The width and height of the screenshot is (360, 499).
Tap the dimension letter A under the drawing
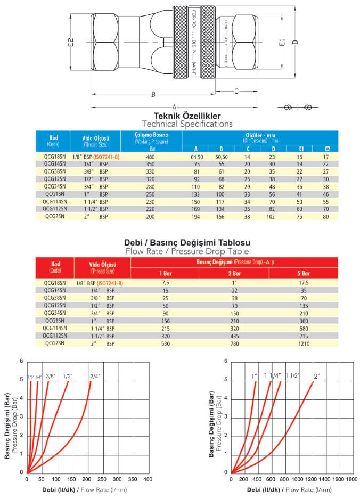tap(175, 105)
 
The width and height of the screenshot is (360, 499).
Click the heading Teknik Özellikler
tap(187, 116)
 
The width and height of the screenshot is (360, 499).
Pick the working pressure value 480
tap(151, 157)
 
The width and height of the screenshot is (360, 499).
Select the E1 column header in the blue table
tap(301, 149)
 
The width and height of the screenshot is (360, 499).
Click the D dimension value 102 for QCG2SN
tap(272, 217)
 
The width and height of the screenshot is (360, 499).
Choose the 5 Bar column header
tap(303, 274)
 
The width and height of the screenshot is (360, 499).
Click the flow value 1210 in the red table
tap(303, 343)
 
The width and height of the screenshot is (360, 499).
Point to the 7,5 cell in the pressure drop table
tap(165, 283)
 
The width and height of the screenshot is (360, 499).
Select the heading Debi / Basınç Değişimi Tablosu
tap(187, 242)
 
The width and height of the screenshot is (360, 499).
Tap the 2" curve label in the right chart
tap(316, 376)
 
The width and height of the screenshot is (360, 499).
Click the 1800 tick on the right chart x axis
tap(351, 480)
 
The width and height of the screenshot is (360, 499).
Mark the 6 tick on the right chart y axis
tap(226, 362)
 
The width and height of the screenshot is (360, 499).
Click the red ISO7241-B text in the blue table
tap(107, 157)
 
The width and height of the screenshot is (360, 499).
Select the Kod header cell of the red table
tap(55, 266)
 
